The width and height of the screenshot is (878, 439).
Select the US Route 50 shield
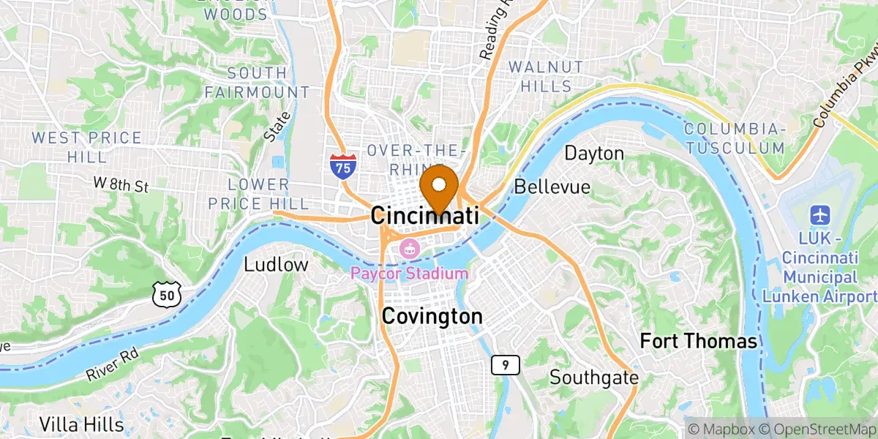pos(165,295)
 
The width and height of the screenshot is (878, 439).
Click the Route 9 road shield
pos(501,364)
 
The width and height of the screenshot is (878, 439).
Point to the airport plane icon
pos(819,216)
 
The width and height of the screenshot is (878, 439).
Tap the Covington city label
pos(432,317)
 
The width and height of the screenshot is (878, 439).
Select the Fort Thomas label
pos(698,341)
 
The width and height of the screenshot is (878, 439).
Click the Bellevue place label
pos(552,187)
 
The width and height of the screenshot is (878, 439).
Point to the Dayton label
pos(594,154)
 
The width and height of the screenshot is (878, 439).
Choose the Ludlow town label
pos(276,264)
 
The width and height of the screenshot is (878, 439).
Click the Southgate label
pos(594,378)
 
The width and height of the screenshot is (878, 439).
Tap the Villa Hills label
pos(81,424)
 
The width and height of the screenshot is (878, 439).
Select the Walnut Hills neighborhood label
pos(547,76)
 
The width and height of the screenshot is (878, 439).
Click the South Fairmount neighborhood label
pos(257,83)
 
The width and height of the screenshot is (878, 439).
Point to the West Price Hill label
pos(86,147)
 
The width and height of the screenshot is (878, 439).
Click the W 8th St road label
pos(121,185)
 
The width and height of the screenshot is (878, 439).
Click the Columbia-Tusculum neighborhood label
pos(734,138)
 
